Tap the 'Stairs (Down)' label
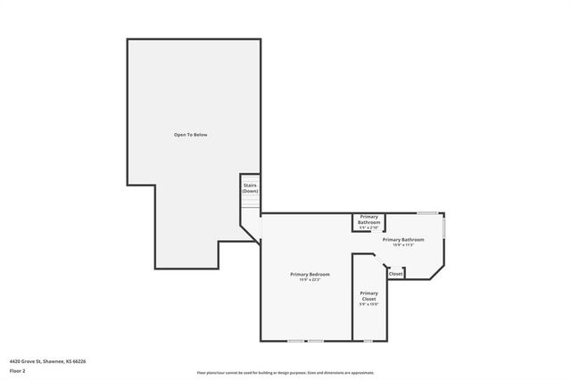[x=250, y=188]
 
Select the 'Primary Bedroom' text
[x=310, y=274]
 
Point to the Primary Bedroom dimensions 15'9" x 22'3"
[x=310, y=280]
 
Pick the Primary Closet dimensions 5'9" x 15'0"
[x=368, y=304]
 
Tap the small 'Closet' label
[x=396, y=274]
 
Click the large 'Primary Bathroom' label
[x=402, y=239]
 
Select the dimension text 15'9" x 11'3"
[x=402, y=245]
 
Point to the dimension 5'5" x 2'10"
[x=368, y=228]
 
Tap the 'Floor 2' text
[x=17, y=370]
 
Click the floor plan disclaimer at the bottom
[x=285, y=373]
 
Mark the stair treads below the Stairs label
[x=250, y=204]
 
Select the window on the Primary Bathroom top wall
[x=427, y=213]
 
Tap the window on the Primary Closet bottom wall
[x=367, y=341]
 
